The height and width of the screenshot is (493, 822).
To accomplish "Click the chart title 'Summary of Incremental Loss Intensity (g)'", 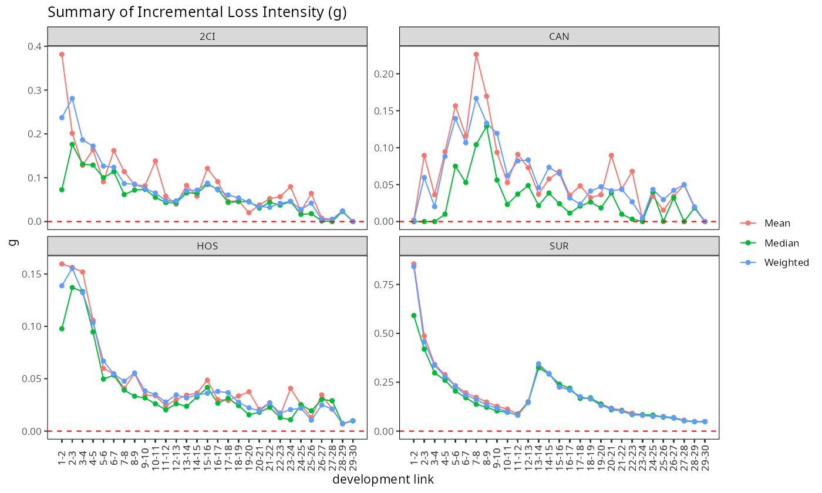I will click(x=197, y=12).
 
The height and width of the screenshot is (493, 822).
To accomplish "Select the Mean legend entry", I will click(x=777, y=224).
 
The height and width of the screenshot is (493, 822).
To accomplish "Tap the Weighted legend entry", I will click(x=786, y=263).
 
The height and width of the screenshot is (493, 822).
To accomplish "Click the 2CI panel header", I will click(x=207, y=36).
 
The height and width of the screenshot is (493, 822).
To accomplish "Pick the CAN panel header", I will click(x=559, y=36).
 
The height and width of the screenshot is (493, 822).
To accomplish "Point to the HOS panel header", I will click(x=207, y=246).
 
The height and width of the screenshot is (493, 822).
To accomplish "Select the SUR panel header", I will click(x=559, y=246).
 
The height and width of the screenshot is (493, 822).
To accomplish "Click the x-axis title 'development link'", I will click(x=383, y=480).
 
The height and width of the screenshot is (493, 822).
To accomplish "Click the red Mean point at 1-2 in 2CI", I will click(x=62, y=55).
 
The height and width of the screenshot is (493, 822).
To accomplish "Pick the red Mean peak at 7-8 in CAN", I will click(x=476, y=55).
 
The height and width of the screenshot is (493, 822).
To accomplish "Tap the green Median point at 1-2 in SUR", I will click(x=414, y=316).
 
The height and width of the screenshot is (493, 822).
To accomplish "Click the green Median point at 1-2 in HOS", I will click(x=62, y=329).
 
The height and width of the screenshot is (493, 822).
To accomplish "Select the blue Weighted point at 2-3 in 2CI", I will click(x=72, y=99).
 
